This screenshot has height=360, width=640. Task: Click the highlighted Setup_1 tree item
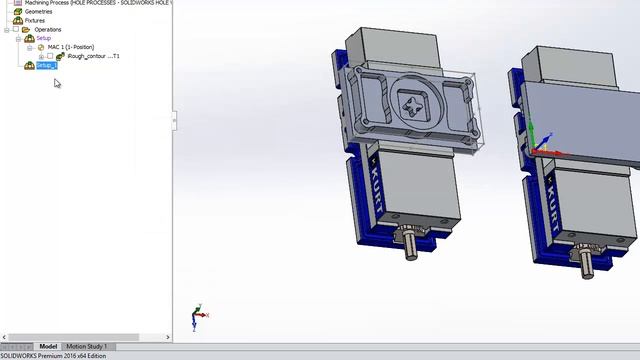[x=47, y=66]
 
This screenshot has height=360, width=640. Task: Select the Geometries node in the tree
[x=38, y=11]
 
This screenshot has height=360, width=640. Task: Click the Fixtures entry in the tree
[x=34, y=20]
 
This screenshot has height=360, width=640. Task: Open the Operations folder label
[x=47, y=29]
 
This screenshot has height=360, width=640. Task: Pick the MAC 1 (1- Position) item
[x=70, y=47]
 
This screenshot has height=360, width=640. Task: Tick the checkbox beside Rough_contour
[x=51, y=56]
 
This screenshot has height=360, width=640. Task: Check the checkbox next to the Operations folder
[x=15, y=29]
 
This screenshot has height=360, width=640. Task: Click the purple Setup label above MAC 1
[x=43, y=38]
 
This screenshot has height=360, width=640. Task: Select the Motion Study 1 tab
[x=86, y=346]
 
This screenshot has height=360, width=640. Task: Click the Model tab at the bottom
[x=48, y=346]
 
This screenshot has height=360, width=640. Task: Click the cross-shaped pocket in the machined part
[x=412, y=103]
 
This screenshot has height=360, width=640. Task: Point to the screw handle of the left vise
[x=411, y=244]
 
